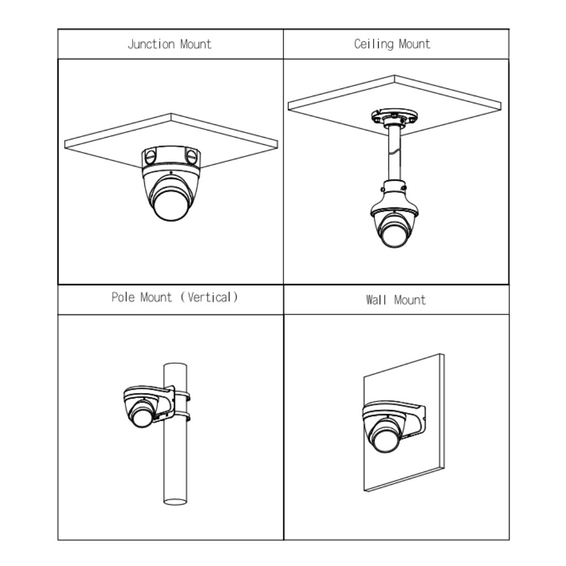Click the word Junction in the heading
point(151,44)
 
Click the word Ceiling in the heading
point(374,44)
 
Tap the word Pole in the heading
point(123,297)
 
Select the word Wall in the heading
point(376,300)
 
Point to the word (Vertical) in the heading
point(209,297)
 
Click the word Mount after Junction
point(196,44)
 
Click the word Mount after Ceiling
point(415,44)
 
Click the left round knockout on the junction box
point(150,156)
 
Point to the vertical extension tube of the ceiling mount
point(394,153)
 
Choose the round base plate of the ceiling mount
point(395,117)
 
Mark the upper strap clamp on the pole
point(182,395)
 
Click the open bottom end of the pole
point(175,502)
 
